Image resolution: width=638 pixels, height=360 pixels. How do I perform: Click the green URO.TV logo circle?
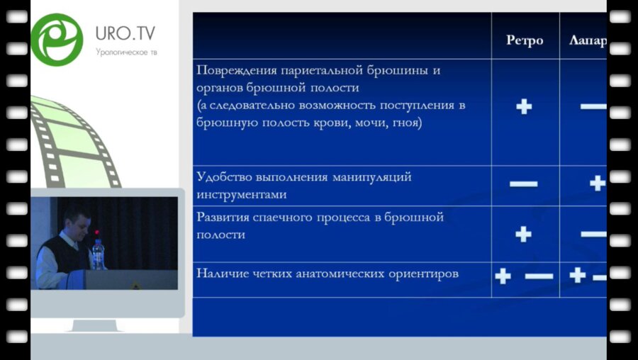click(57, 40)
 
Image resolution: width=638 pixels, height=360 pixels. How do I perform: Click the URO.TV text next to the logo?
click(125, 33)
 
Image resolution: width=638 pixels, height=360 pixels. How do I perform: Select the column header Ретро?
click(525, 40)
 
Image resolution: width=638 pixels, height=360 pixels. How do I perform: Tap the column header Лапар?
click(588, 40)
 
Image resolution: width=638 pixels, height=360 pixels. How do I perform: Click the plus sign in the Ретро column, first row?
click(524, 106)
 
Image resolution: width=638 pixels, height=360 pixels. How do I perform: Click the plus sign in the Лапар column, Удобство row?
click(597, 183)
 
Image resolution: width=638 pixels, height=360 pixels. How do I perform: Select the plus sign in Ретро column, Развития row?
click(523, 234)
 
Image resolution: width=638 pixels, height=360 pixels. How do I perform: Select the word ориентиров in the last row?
click(422, 273)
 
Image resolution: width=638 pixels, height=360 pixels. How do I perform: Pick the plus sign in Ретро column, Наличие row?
click(503, 276)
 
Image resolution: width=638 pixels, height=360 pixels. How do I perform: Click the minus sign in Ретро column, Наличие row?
click(539, 276)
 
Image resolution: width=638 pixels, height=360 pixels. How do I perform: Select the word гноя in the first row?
click(408, 123)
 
